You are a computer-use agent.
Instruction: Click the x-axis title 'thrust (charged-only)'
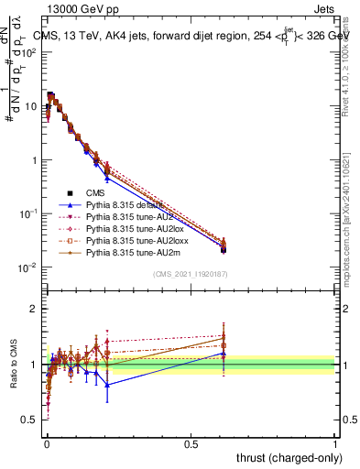(x=284, y=456)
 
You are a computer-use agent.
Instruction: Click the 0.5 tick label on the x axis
(x=191, y=443)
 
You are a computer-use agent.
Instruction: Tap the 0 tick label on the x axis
(x=47, y=443)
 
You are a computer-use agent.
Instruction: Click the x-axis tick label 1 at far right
(x=335, y=443)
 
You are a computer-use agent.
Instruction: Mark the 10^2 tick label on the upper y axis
(x=28, y=52)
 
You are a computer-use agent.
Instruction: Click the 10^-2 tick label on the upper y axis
(x=28, y=267)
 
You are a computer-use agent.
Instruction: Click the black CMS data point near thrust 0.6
(x=224, y=249)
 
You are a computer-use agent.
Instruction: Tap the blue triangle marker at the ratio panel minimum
(x=108, y=385)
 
